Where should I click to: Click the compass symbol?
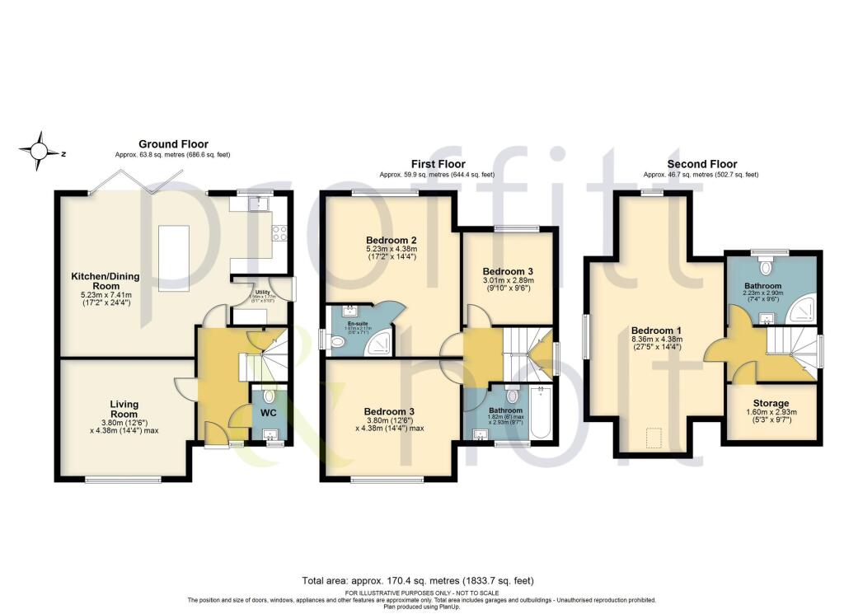click(x=40, y=151)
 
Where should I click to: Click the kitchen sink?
click(x=257, y=203)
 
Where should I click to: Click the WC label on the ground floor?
click(x=270, y=411)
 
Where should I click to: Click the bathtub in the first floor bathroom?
click(x=541, y=411)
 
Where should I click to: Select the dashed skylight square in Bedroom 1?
click(x=654, y=437)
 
